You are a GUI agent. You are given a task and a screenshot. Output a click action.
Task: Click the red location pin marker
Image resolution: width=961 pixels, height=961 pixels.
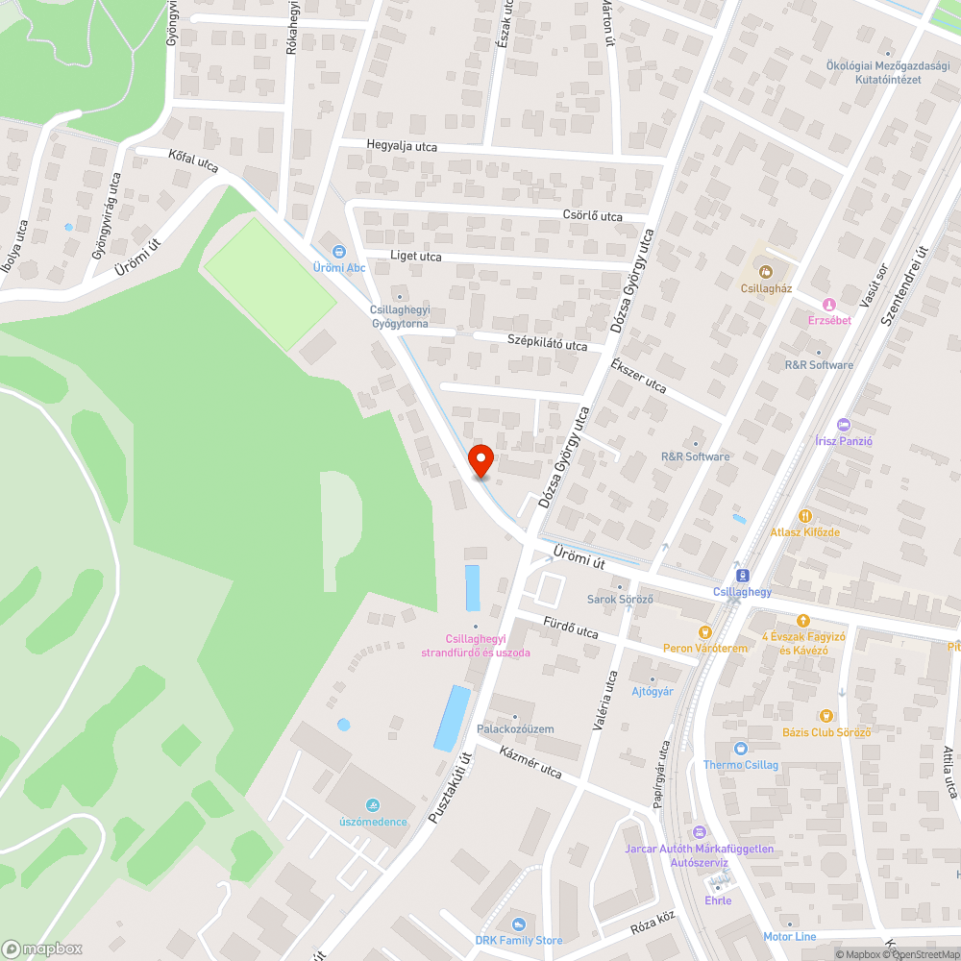[x=480, y=460]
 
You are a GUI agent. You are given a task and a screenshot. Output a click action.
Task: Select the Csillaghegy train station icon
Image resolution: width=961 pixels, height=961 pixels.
[x=742, y=575]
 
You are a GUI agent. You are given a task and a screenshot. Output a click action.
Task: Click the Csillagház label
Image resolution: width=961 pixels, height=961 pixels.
[x=766, y=287]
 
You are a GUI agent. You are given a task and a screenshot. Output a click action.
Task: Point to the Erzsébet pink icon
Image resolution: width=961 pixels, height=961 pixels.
[x=828, y=304]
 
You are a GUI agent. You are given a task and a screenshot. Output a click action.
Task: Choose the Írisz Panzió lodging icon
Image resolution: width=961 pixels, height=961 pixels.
[x=844, y=424]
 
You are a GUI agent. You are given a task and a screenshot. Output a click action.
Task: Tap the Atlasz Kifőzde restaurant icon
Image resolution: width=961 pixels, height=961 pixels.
[x=804, y=514]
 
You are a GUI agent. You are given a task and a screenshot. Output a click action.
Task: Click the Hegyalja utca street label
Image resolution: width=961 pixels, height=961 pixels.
[x=402, y=146]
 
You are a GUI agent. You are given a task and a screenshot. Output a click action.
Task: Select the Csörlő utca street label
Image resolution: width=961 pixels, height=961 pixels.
[x=593, y=215]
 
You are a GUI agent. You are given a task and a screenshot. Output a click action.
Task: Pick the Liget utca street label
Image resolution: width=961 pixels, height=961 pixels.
[x=416, y=257]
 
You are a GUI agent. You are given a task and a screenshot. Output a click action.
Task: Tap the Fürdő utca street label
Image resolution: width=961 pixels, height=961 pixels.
[x=571, y=629]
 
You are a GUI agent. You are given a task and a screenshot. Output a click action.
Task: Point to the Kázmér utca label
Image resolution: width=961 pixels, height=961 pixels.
[x=531, y=761]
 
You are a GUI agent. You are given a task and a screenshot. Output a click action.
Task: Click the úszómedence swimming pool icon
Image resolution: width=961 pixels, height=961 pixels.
[x=373, y=804]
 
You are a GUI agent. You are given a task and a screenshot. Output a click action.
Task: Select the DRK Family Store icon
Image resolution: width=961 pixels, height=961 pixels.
[x=519, y=923]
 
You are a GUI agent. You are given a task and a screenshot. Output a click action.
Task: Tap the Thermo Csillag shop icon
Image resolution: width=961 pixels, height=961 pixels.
[x=740, y=748]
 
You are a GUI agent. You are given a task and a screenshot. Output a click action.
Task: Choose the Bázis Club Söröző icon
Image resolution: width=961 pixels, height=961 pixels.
[x=825, y=715]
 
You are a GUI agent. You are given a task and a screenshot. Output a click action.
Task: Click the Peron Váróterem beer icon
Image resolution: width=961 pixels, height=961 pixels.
[x=704, y=631]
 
